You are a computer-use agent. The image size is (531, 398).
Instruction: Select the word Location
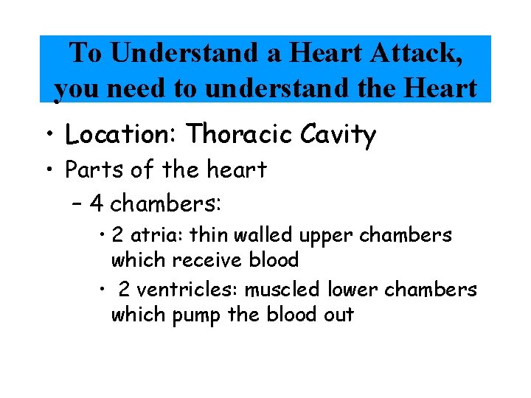[122, 135]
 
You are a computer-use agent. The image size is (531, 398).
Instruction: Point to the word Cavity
[337, 135]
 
